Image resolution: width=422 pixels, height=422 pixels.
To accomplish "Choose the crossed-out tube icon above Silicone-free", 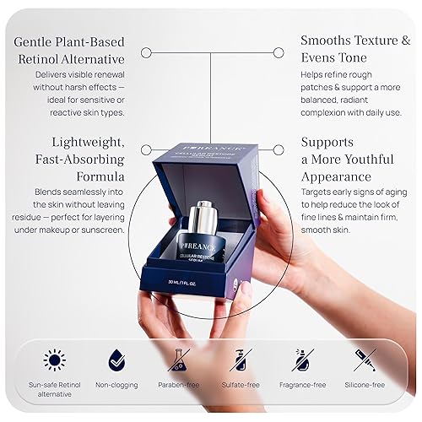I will click(365, 360).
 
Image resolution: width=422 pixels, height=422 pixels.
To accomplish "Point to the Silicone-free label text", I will click(365, 384).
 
